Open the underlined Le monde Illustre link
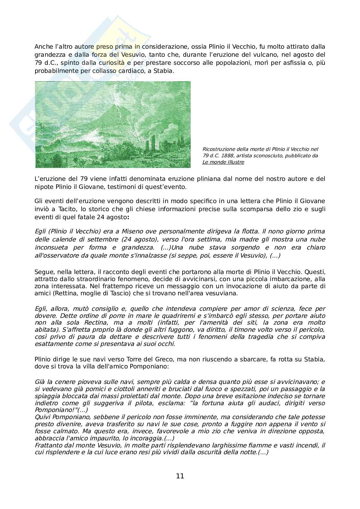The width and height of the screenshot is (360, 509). click(x=223, y=162)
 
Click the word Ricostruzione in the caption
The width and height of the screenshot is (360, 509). click(x=218, y=149)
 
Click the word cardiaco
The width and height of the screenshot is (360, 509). click(x=132, y=71)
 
